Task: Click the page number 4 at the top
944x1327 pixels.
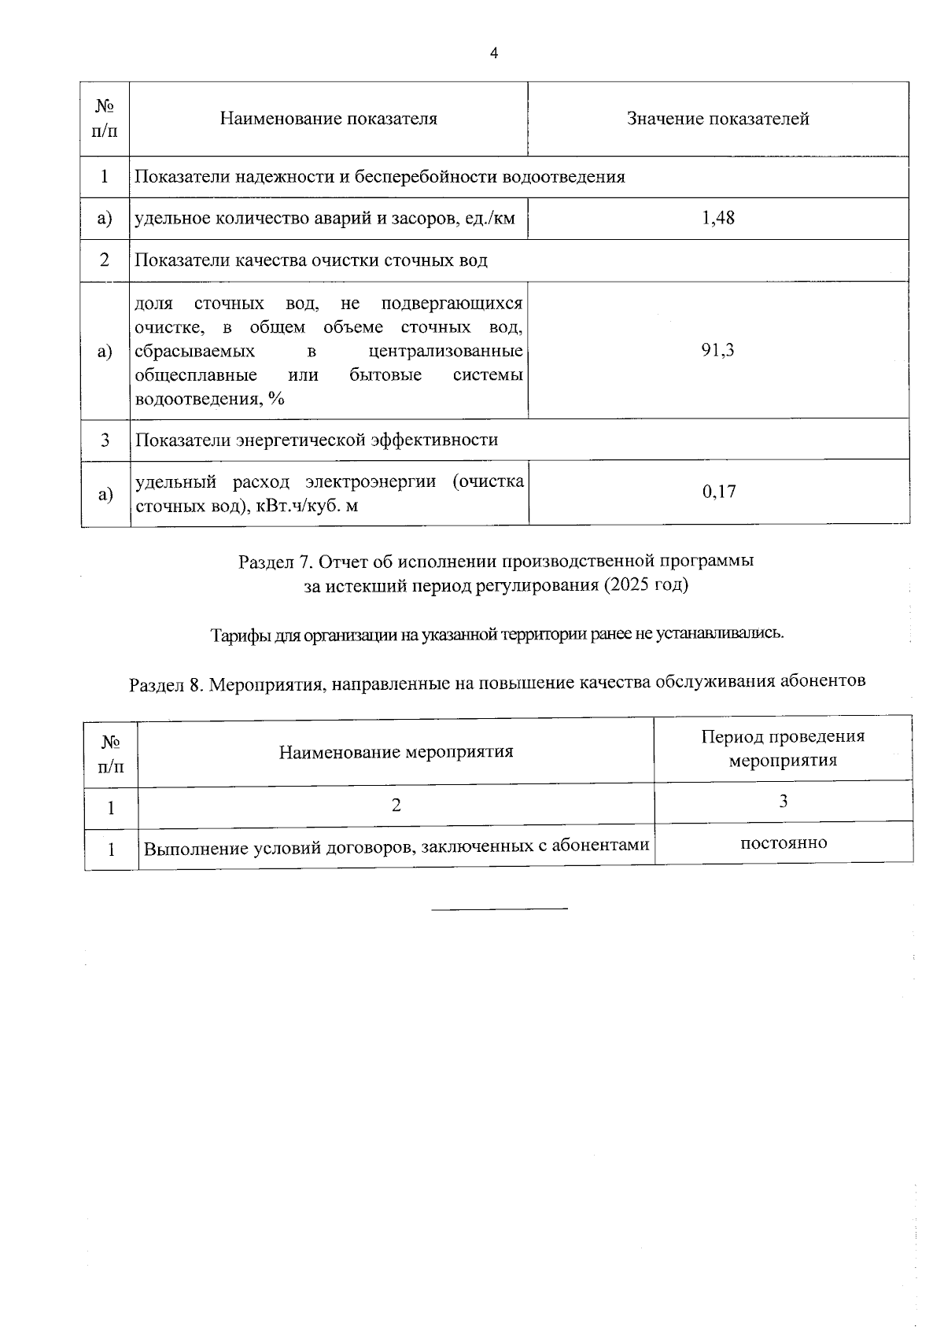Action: click(493, 53)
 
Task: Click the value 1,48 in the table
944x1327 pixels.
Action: click(717, 218)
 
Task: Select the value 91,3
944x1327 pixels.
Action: click(717, 350)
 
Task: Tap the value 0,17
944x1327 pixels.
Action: click(718, 492)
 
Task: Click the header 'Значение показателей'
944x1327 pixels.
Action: click(717, 119)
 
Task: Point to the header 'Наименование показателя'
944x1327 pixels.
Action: click(328, 119)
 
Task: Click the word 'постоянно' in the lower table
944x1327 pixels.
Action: click(784, 843)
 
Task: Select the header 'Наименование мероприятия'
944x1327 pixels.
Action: click(396, 752)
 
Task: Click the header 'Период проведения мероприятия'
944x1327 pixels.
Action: click(783, 748)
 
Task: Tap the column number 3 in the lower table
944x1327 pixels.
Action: click(783, 802)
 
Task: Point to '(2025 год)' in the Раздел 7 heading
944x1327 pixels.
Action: click(646, 585)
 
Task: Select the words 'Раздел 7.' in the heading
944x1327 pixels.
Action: click(276, 562)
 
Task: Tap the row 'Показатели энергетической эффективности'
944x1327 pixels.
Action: click(316, 440)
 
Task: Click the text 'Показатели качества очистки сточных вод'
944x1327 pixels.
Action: click(311, 260)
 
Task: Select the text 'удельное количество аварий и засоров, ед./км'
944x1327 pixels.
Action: click(325, 218)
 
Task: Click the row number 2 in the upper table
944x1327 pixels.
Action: click(105, 260)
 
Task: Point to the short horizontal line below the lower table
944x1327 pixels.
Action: click(500, 909)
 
